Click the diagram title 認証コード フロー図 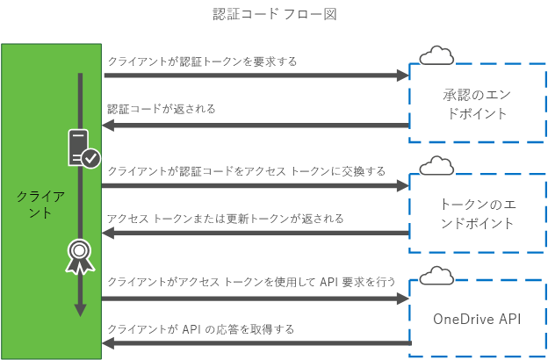[275, 14]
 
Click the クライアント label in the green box [40, 204]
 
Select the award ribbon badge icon [81, 255]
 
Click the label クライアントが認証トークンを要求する [202, 61]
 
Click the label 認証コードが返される [162, 109]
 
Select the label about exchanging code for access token [246, 171]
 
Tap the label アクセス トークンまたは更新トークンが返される [225, 218]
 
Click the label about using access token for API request [251, 282]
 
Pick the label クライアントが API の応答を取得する [200, 328]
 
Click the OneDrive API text [477, 318]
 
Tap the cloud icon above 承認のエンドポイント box [436, 57]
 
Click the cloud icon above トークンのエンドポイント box [436, 166]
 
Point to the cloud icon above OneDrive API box [436, 277]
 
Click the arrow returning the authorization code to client [255, 126]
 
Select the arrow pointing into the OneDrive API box [255, 299]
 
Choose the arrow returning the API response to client [255, 343]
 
